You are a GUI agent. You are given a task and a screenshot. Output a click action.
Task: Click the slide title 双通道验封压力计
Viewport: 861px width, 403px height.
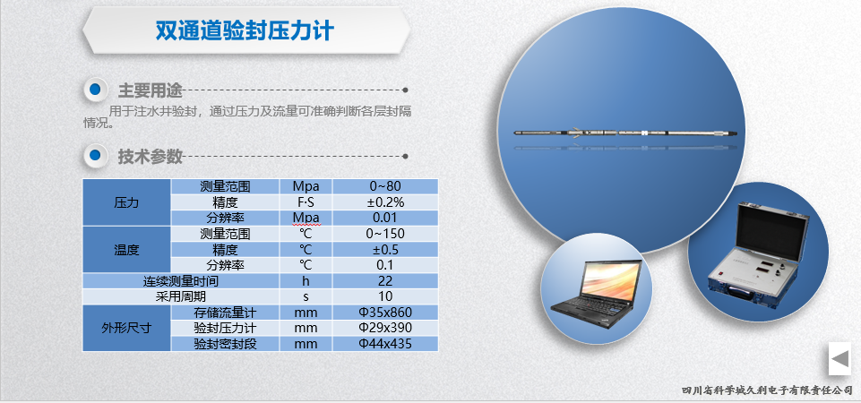pyautogui.click(x=245, y=30)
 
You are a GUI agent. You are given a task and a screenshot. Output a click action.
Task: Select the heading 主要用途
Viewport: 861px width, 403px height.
pyautogui.click(x=150, y=90)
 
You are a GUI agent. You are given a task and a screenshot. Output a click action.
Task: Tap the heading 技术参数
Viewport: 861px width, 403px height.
pyautogui.click(x=150, y=157)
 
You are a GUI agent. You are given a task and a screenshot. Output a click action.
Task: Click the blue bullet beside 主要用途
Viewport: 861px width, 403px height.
pyautogui.click(x=96, y=90)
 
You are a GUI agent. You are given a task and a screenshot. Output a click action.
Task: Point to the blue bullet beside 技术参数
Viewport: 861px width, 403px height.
pyautogui.click(x=96, y=156)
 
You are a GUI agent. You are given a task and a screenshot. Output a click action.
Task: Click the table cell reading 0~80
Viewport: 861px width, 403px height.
pyautogui.click(x=385, y=186)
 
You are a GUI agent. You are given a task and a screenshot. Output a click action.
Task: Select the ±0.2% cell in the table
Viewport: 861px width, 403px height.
pyautogui.click(x=385, y=202)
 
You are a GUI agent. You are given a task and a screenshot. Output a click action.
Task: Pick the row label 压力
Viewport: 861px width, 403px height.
pyautogui.click(x=127, y=202)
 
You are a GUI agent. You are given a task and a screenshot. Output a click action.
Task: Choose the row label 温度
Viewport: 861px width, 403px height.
pyautogui.click(x=127, y=250)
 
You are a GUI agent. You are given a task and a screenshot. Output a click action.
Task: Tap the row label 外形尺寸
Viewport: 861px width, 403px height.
pyautogui.click(x=127, y=329)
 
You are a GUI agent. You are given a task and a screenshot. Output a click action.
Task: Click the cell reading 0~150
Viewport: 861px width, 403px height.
pyautogui.click(x=385, y=234)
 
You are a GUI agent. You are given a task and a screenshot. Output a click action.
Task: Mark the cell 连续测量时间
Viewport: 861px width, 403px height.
pyautogui.click(x=181, y=281)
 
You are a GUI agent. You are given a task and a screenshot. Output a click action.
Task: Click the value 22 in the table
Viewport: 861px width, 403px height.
pyautogui.click(x=385, y=280)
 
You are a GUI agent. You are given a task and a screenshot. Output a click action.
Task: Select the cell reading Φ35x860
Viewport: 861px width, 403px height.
pyautogui.click(x=385, y=313)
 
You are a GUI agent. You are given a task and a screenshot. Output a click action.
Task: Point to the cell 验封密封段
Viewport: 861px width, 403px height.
pyautogui.click(x=225, y=344)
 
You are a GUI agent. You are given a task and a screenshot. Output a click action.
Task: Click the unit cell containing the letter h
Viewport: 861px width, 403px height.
pyautogui.click(x=306, y=280)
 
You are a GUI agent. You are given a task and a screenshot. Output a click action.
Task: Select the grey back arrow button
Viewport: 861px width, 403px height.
pyautogui.click(x=840, y=359)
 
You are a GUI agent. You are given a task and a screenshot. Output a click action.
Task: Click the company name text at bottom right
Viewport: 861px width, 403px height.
pyautogui.click(x=767, y=390)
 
